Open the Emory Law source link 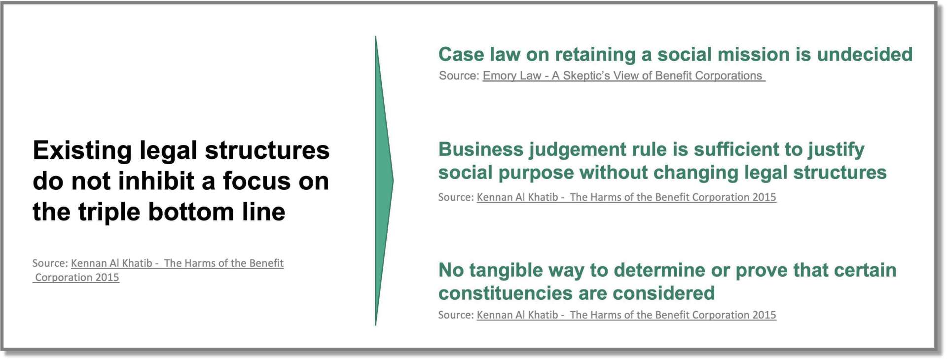click(x=623, y=76)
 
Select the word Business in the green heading click(x=480, y=149)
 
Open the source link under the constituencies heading click(x=626, y=315)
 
